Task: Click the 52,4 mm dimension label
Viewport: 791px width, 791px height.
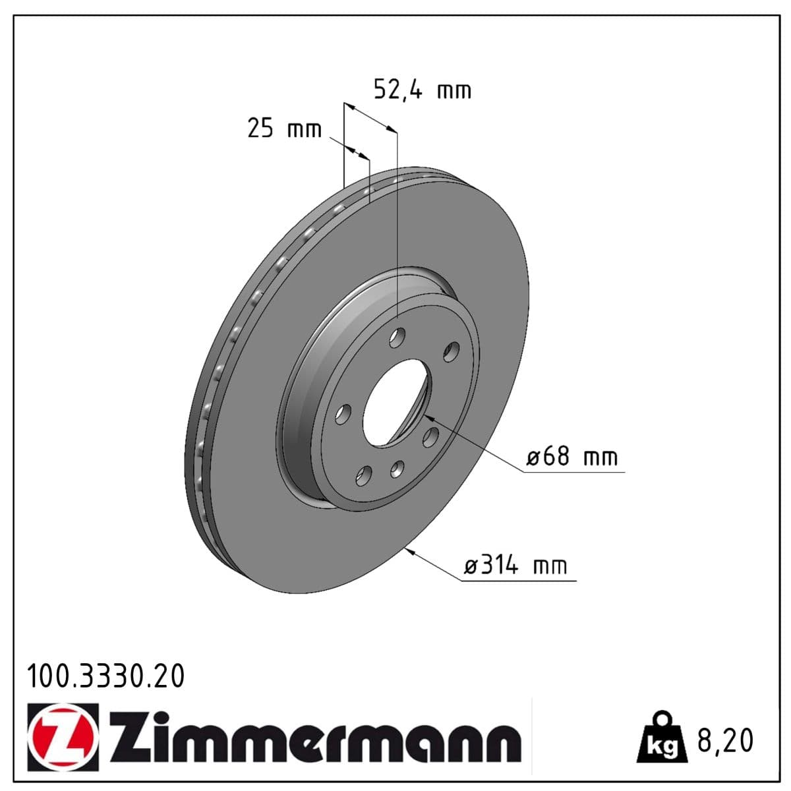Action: click(x=423, y=90)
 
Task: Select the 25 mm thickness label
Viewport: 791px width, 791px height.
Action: click(x=284, y=129)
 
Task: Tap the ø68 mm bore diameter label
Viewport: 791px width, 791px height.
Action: click(x=572, y=457)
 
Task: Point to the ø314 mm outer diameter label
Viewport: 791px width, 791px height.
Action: click(x=516, y=566)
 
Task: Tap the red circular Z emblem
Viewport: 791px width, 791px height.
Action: click(x=63, y=738)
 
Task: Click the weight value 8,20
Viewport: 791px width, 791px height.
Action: click(x=725, y=741)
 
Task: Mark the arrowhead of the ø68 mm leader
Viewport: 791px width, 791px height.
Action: click(x=427, y=416)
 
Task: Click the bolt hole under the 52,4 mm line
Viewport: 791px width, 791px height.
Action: click(x=397, y=338)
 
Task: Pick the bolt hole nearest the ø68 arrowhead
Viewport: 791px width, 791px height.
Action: click(x=432, y=436)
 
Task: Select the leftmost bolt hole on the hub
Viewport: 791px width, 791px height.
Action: click(x=342, y=414)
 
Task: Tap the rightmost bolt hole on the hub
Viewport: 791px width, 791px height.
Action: click(x=452, y=352)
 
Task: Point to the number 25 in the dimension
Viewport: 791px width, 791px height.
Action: click(x=260, y=129)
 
